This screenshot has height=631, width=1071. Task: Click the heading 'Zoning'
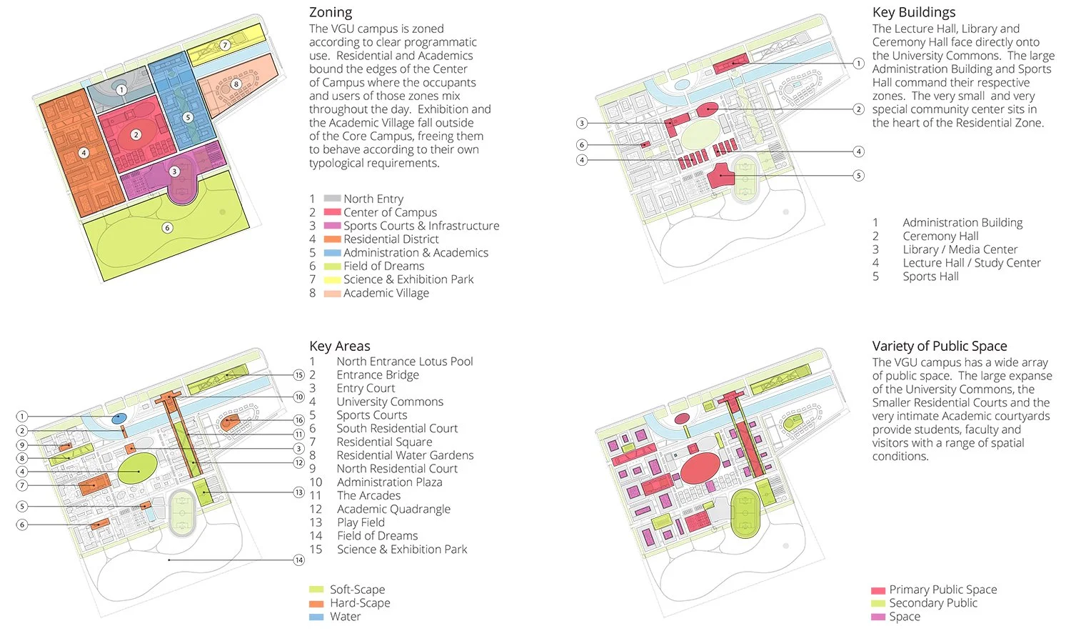pos(331,12)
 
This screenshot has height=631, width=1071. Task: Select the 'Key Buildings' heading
pos(913,12)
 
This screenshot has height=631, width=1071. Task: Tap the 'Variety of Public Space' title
pos(939,346)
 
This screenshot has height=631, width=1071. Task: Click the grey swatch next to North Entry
pos(332,199)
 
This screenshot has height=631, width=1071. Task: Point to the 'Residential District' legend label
pos(391,239)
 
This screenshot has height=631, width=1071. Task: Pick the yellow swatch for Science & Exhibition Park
pos(332,279)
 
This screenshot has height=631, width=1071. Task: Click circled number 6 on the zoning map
pos(167,228)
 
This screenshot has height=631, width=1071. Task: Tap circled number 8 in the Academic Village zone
pos(236,84)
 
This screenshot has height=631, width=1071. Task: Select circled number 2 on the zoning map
pos(136,134)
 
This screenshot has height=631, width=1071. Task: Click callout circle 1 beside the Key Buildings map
pos(859,63)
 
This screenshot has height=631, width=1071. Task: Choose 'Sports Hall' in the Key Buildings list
pos(930,277)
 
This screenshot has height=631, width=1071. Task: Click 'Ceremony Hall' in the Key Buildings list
pos(940,236)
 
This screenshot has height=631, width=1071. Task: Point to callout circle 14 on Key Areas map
pos(299,560)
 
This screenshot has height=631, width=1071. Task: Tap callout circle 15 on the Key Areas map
pos(299,375)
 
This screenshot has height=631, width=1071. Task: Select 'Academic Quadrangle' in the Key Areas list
pos(393,509)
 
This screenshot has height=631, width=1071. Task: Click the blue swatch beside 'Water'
pos(316,617)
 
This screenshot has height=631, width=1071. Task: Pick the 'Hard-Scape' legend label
pos(360,603)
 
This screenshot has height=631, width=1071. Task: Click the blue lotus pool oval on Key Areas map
pos(119,417)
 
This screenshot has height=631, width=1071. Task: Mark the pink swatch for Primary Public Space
pos(878,590)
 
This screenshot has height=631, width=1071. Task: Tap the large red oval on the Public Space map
pos(700,469)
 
